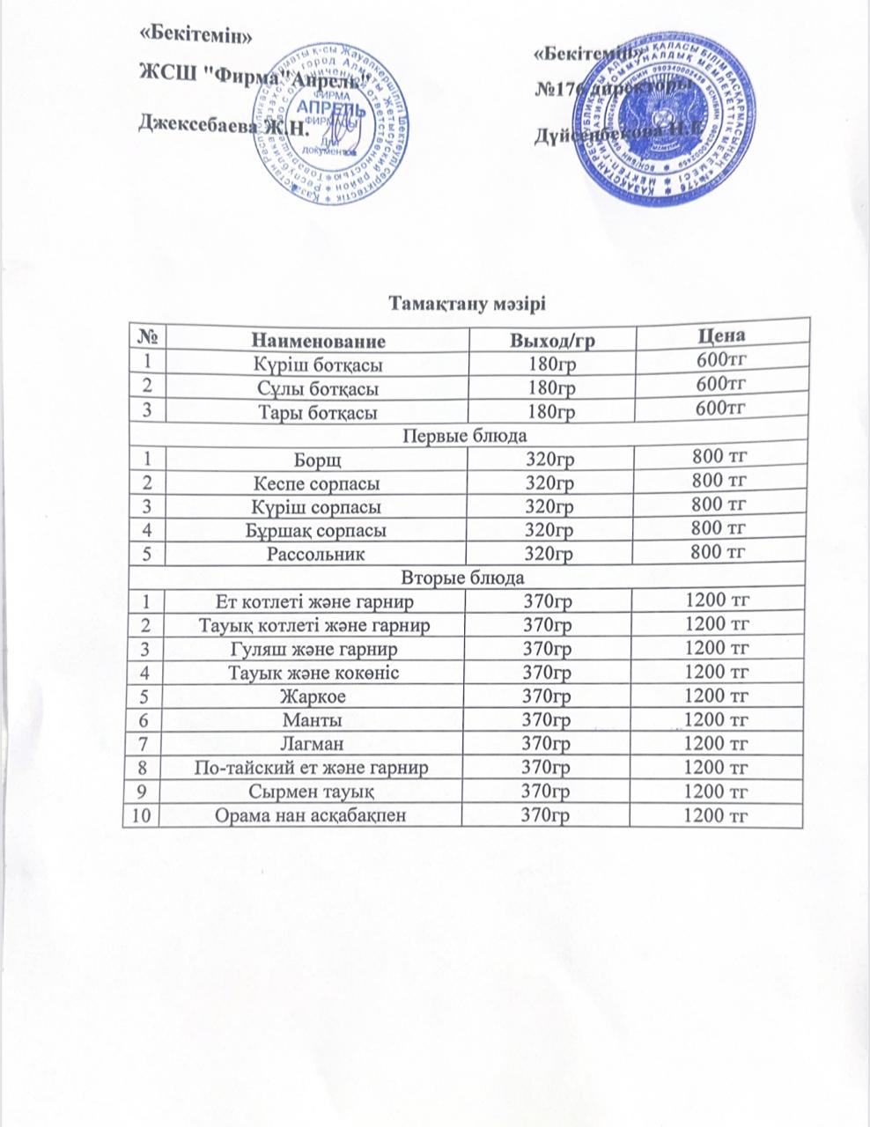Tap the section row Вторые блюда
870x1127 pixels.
[464, 578]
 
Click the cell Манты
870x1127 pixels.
[313, 719]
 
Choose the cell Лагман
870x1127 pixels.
[313, 744]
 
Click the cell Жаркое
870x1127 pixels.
[313, 696]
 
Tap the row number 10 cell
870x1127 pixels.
[140, 815]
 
